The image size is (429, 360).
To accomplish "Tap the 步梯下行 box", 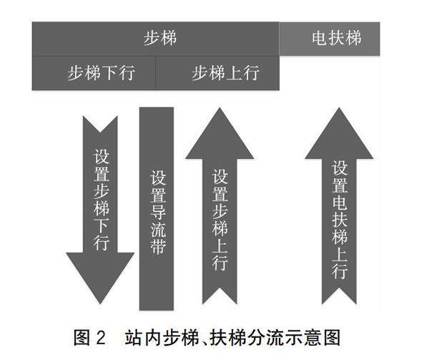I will pos(94,73).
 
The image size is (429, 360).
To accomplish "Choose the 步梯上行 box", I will pos(217,73).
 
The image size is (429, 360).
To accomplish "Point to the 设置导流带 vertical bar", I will pos(157,208).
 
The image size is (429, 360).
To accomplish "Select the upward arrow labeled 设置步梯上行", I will pos(220,215).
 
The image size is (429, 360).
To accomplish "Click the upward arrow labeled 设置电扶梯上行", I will pos(340,215).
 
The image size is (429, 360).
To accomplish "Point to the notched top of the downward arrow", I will pos(100,123).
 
